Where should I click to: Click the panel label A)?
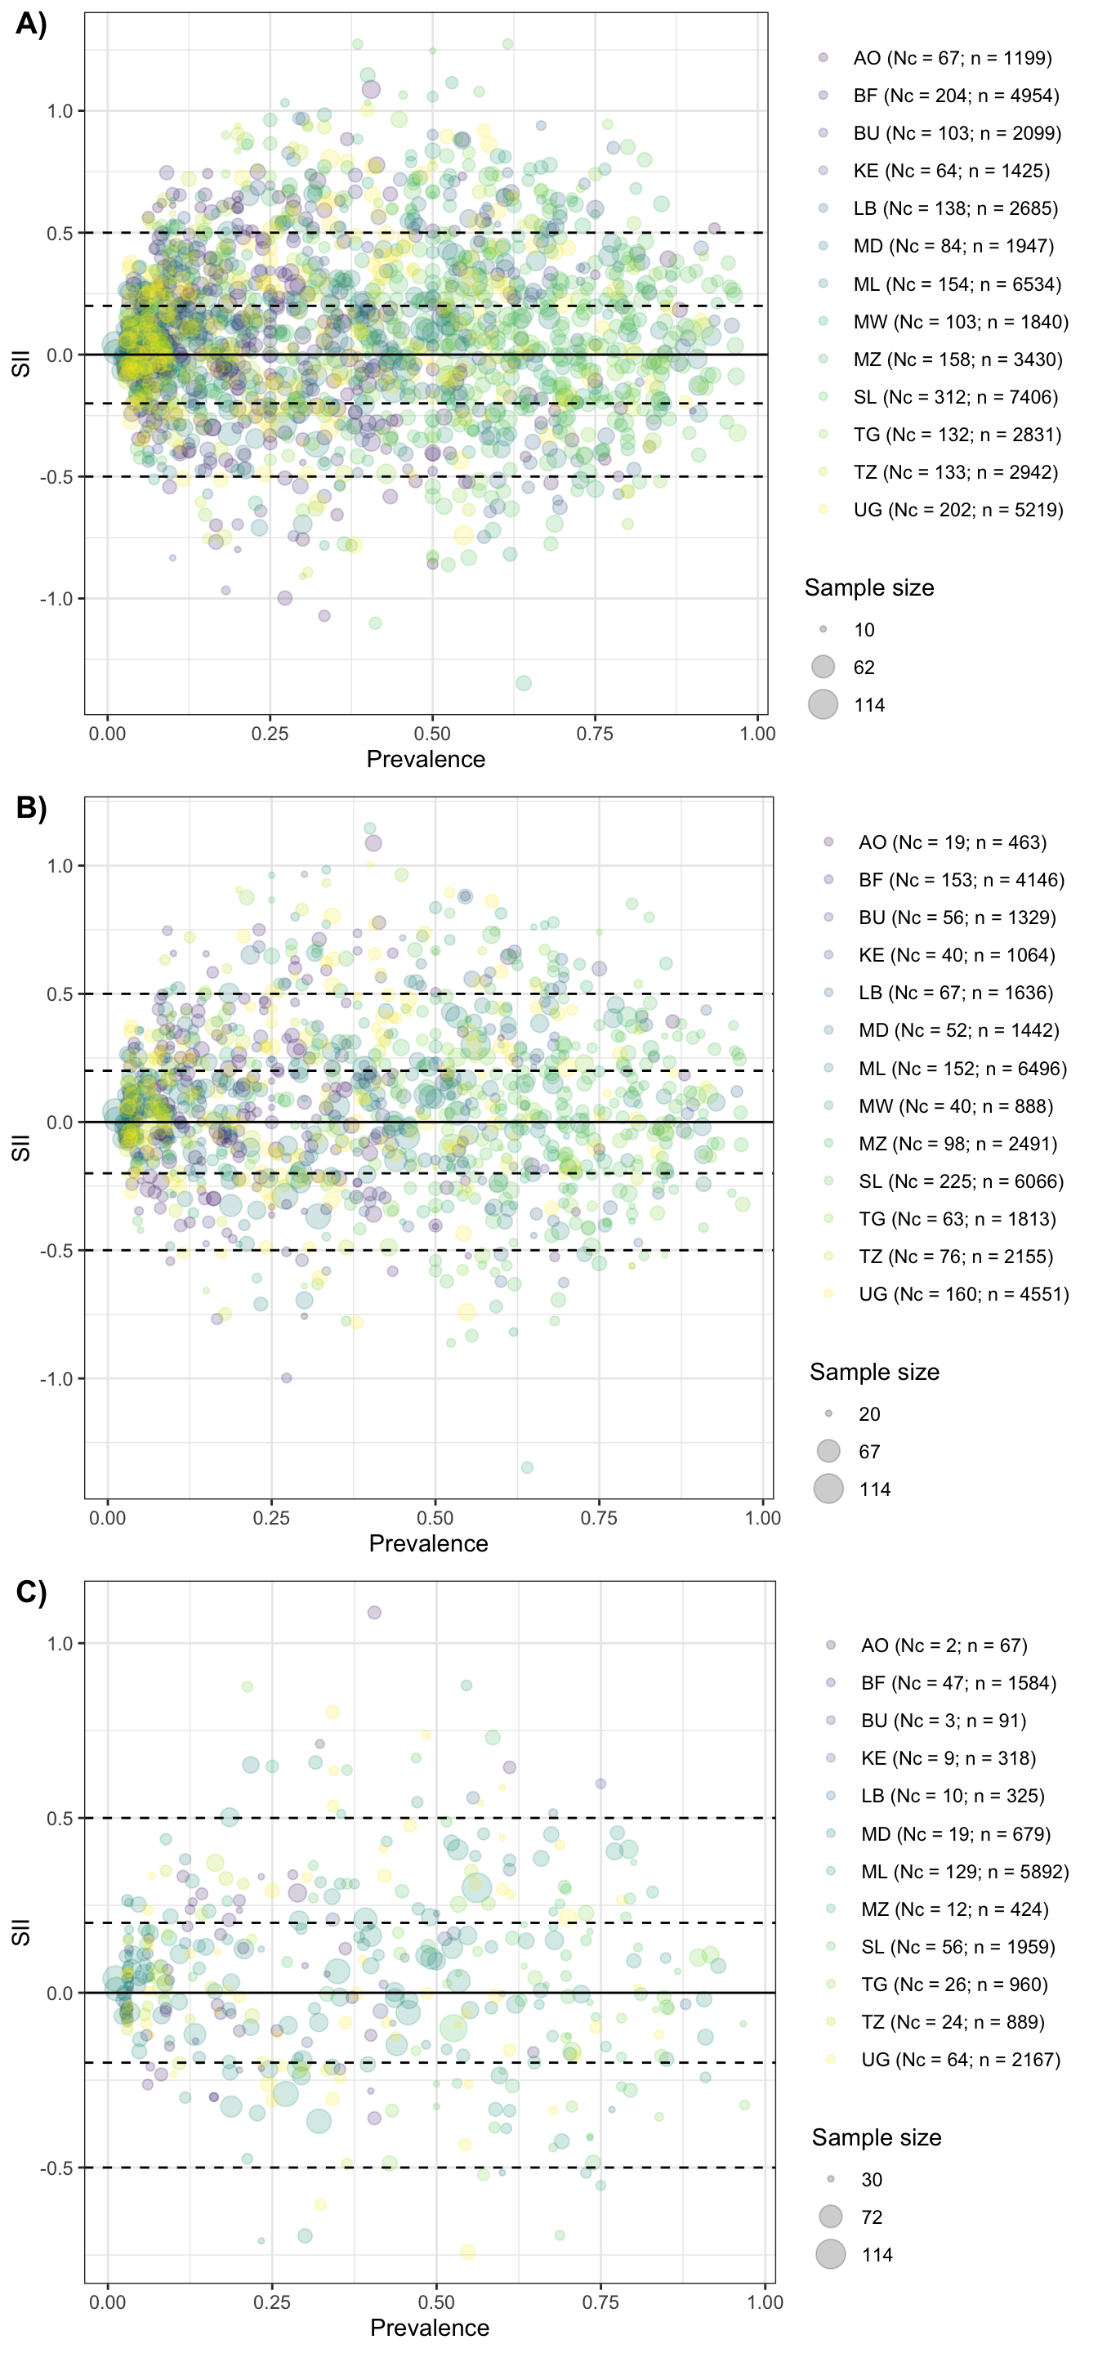[x=30, y=24]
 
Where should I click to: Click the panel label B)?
[x=30, y=807]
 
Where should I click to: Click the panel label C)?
[x=30, y=1592]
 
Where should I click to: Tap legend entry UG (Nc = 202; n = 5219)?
[x=957, y=510]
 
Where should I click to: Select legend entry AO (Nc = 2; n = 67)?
[x=944, y=1645]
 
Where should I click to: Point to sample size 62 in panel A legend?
[x=864, y=668]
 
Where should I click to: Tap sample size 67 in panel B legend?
[x=868, y=1452]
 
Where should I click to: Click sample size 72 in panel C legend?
[x=872, y=2217]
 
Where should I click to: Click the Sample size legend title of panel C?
[x=876, y=2137]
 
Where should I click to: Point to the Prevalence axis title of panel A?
[x=426, y=759]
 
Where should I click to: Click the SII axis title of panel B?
[x=21, y=1148]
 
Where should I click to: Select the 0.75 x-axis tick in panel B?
[x=598, y=1518]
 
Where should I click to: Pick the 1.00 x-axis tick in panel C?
[x=765, y=2302]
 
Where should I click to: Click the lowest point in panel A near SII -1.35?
[x=524, y=683]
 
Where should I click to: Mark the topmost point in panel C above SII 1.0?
[x=373, y=1613]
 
